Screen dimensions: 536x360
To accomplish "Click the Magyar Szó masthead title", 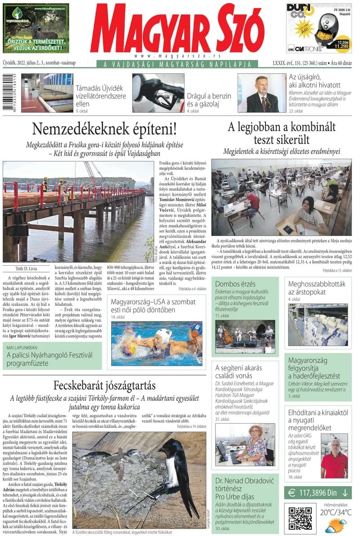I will coord(176,30).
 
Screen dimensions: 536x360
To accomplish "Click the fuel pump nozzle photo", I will coord(157,93).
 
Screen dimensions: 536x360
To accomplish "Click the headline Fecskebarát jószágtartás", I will coord(104,385).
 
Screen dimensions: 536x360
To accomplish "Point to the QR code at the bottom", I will coord(300,518).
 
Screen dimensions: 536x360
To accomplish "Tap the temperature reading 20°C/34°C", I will coord(335,512).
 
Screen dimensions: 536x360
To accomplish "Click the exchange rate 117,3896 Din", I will coord(318,493).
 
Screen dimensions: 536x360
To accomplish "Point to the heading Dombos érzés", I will coord(235,284).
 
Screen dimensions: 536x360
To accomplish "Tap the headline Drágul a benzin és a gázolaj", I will coord(209,100).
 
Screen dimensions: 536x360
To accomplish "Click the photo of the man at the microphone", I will coord(261,93).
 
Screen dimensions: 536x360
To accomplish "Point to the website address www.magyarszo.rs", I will coord(177,56).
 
